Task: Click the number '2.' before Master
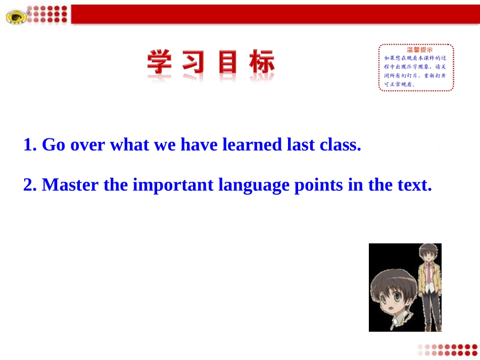[30, 185]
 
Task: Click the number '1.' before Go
[30, 145]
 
